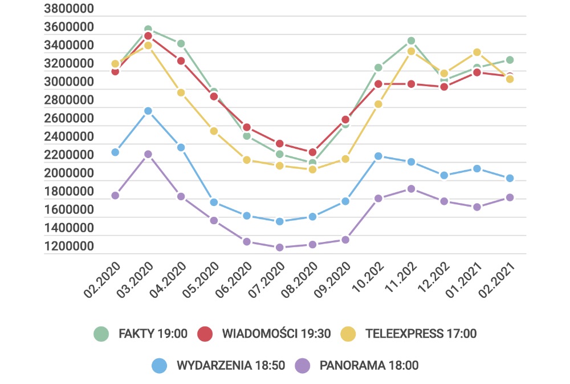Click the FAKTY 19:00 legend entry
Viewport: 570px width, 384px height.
pos(141,334)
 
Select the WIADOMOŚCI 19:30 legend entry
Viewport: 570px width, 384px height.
pos(264,334)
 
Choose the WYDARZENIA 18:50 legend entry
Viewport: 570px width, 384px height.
pos(219,365)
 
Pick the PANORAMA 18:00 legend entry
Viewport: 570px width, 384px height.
pos(358,365)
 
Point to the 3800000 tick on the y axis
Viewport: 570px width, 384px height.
pos(68,9)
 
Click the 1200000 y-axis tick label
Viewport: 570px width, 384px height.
pos(68,246)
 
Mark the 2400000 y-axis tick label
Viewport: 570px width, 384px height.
pos(68,137)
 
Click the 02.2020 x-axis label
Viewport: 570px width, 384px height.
pos(103,280)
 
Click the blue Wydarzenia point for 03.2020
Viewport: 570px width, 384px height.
pos(148,111)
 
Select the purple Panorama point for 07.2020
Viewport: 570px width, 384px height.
pos(280,248)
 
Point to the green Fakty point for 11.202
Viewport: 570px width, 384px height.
pos(411,41)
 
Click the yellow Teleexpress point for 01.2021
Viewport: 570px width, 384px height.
pos(477,52)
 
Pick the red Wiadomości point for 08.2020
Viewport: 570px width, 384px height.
pos(312,152)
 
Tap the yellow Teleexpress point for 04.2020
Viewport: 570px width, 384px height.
pos(181,92)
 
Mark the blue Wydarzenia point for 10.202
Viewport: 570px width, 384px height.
pos(378,156)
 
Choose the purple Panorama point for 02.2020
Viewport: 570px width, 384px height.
pos(115,195)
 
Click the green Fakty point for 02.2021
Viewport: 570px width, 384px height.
pos(510,60)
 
